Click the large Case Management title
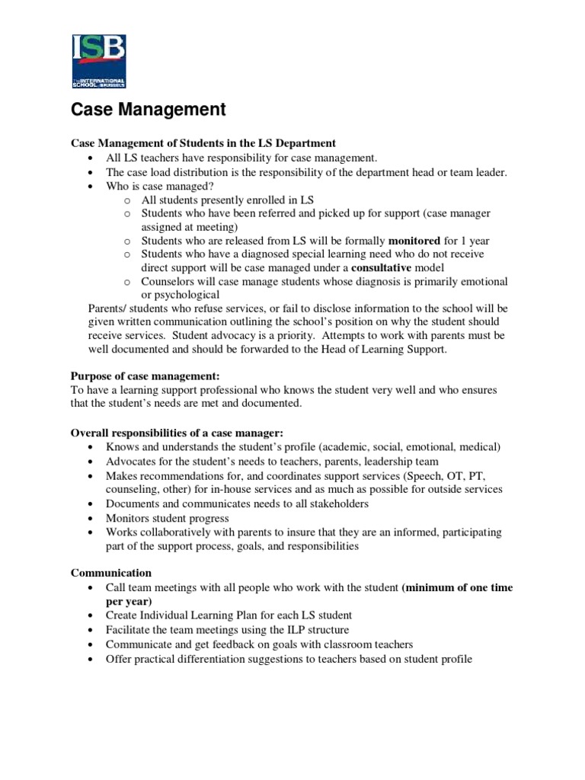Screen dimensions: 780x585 pyautogui.click(x=149, y=110)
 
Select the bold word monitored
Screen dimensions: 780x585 pyautogui.click(x=414, y=241)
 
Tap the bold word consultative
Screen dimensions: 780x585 pyautogui.click(x=381, y=268)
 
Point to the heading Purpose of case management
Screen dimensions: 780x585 pyautogui.click(x=145, y=376)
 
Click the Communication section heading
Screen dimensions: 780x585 pyautogui.click(x=111, y=573)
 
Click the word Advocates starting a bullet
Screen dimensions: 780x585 pyautogui.click(x=132, y=462)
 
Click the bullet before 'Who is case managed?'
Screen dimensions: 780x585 pyautogui.click(x=91, y=186)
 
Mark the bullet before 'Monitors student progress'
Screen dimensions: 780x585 pyautogui.click(x=91, y=518)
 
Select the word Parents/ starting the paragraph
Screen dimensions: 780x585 pyautogui.click(x=110, y=308)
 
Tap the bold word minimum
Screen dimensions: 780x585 pyautogui.click(x=429, y=587)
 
